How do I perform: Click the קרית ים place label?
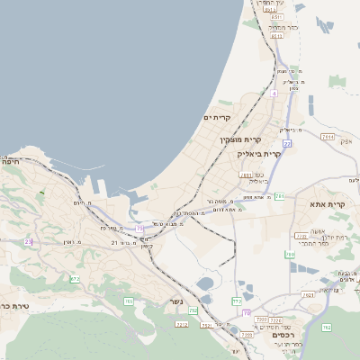pos(218,118)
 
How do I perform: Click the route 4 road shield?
pos(274,93)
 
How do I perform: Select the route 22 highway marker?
pos(287,143)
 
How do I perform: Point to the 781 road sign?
pos(280,196)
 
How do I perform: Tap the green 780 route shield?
pos(290,255)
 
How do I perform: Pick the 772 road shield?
pos(237,301)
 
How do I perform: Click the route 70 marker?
pos(247,312)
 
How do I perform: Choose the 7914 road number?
pos(328,138)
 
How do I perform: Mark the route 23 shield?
pos(29,241)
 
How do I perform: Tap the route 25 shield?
pos(139,229)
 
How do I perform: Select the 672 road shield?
pos(75,280)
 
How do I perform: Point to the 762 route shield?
pos(326,327)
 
